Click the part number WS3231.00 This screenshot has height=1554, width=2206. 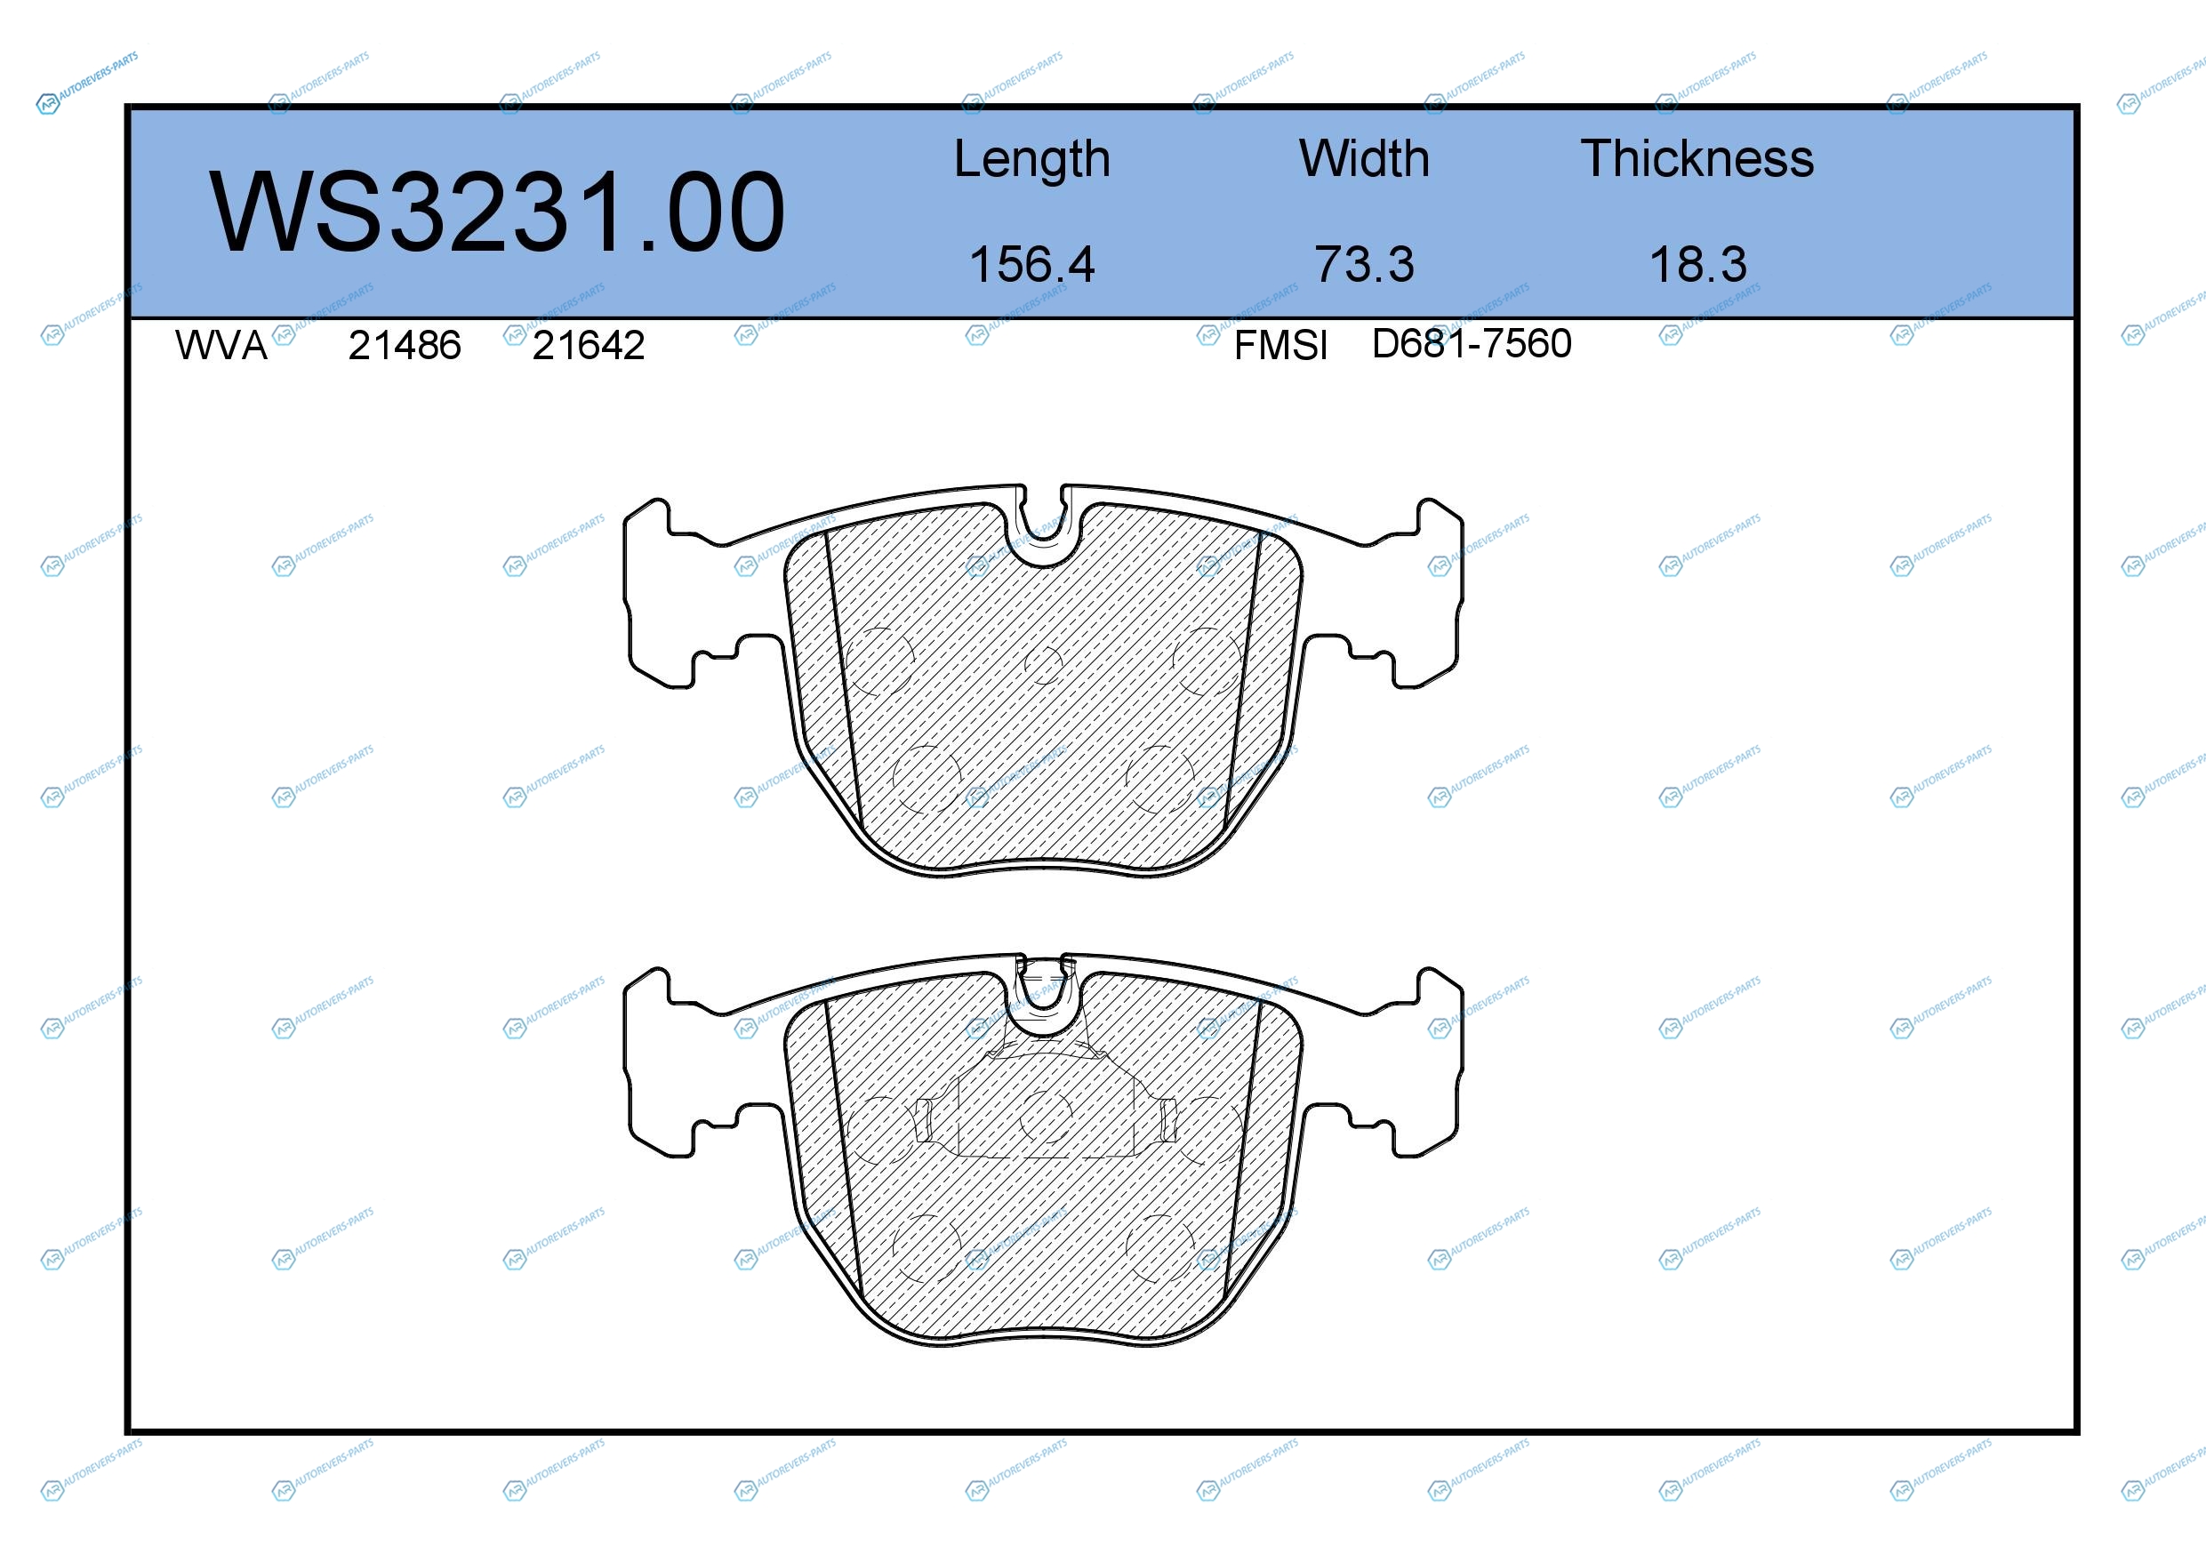(x=497, y=212)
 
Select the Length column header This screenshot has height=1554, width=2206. (x=1032, y=160)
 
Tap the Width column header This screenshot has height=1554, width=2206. (x=1364, y=158)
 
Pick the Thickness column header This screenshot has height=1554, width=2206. (x=1697, y=158)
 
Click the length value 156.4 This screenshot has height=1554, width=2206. (x=1032, y=264)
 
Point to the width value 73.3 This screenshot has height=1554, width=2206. (x=1364, y=264)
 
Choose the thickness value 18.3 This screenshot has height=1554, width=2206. (x=1697, y=264)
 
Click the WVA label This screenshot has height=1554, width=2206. (x=221, y=346)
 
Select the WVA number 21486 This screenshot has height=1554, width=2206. (x=405, y=346)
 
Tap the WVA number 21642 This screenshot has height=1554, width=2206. (x=588, y=346)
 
